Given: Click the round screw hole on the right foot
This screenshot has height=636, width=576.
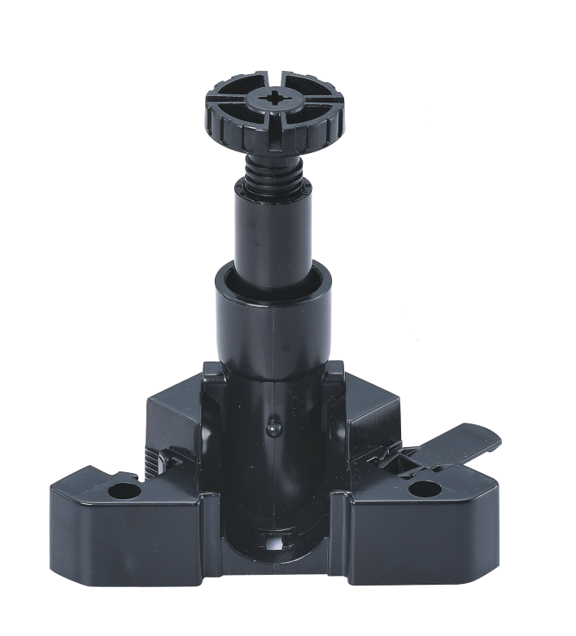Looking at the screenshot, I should click(424, 489).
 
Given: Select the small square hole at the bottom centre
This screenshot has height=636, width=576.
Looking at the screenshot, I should click(274, 541).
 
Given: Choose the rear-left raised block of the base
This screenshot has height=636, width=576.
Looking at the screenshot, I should click(175, 415).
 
